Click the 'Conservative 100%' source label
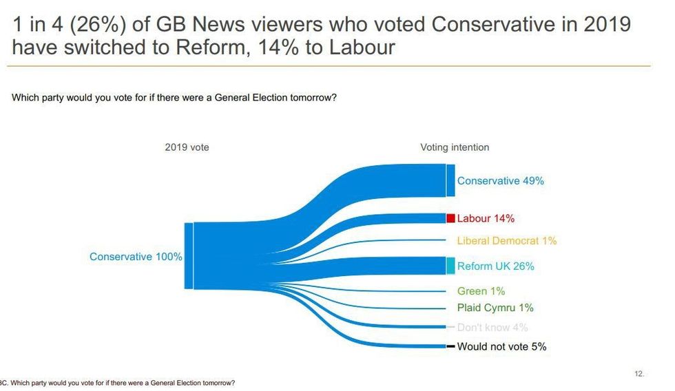tap(136, 257)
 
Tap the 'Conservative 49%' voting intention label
tap(500, 181)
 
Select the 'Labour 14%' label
tap(486, 218)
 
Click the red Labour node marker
tap(450, 218)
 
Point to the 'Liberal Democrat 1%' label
tap(506, 241)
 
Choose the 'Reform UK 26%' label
tap(495, 266)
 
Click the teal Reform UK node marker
tap(450, 266)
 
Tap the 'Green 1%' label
tap(481, 291)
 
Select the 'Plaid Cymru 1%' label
tap(495, 308)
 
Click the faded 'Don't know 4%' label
tap(492, 328)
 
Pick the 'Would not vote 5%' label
tap(501, 347)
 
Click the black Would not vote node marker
tap(450, 346)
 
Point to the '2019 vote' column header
tap(187, 147)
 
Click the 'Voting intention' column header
tap(455, 147)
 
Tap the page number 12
tap(638, 374)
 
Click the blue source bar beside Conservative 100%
tap(188, 256)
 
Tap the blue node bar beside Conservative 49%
tap(450, 180)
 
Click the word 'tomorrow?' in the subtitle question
tap(313, 98)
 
